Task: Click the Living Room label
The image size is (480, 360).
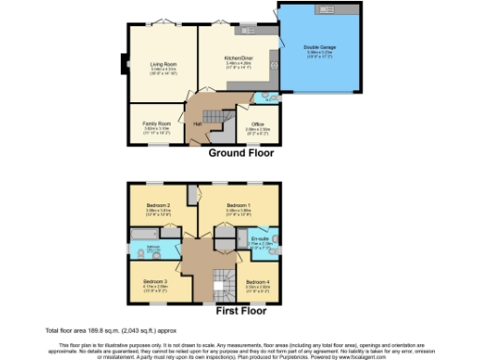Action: [x=163, y=63]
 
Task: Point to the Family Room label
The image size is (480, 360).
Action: [x=157, y=124]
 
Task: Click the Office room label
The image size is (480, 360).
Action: [x=257, y=124]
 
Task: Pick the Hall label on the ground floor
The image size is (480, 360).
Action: [x=198, y=123]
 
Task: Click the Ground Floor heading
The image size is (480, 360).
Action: [x=240, y=152]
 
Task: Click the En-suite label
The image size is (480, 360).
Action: [x=260, y=240]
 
